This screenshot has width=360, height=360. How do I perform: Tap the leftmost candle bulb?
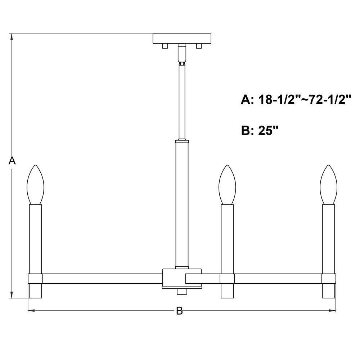tap(35, 185)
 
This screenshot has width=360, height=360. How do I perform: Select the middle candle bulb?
tap(227, 185)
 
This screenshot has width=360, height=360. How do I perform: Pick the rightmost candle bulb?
tap(329, 185)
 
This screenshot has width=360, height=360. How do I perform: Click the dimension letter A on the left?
tap(12, 161)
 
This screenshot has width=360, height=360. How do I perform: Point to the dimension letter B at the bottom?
tap(179, 311)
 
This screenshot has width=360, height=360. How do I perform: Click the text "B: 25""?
tap(260, 130)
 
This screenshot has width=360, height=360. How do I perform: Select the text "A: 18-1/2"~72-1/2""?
tap(296, 100)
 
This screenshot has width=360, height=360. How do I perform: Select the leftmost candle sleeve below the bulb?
tap(35, 238)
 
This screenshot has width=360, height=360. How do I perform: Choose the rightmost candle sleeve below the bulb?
tap(329, 238)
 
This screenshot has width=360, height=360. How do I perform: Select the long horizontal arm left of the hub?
tap(103, 278)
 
